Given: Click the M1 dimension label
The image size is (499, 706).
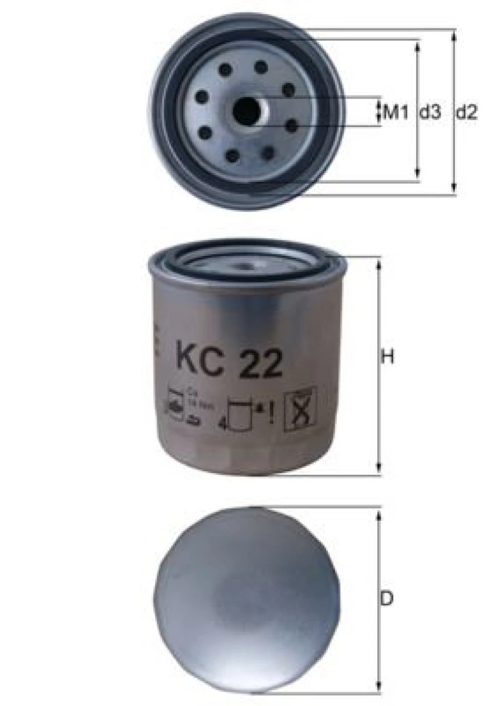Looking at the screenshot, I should click(397, 111).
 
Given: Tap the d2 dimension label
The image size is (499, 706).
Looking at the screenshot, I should click(466, 111).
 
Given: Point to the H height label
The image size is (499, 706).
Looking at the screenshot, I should click(388, 356).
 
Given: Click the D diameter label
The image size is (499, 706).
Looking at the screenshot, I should click(387, 598).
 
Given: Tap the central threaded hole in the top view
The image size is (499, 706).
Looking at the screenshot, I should click(246, 109).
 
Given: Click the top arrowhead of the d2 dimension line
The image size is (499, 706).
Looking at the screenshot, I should click(454, 34).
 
